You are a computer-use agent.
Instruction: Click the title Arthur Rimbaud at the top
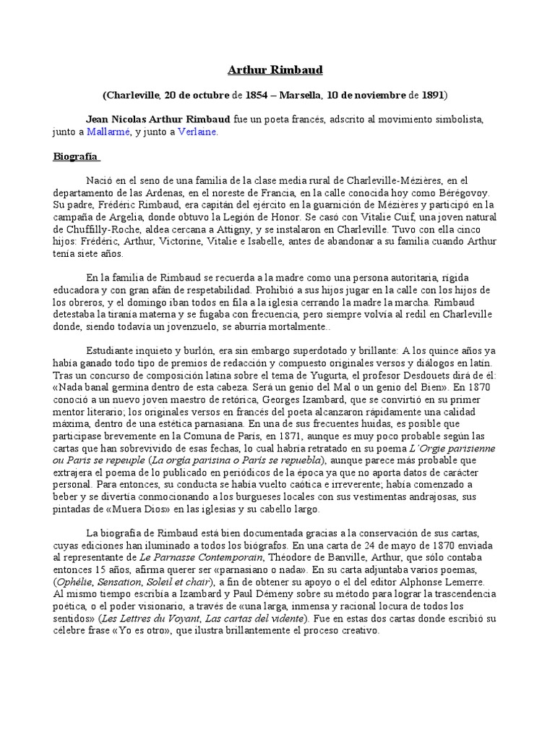275,70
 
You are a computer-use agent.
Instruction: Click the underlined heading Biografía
76,156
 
